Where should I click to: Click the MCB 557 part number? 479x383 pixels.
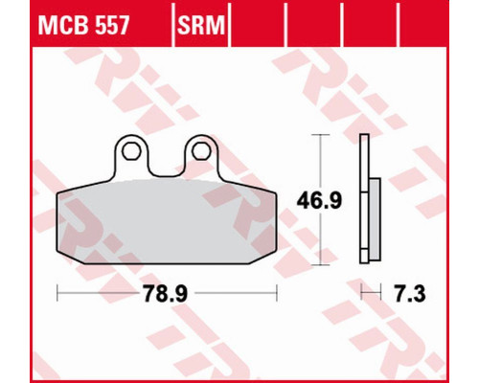83,25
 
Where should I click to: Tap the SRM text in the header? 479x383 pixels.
201,25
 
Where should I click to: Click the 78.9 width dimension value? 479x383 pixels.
165,293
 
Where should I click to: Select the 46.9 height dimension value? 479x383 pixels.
319,200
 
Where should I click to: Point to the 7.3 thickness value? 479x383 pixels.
410,293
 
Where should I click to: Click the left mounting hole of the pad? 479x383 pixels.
131,151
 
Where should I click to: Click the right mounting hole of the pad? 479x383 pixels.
201,151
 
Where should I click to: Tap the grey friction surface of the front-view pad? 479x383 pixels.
167,222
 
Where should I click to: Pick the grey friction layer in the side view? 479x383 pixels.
375,219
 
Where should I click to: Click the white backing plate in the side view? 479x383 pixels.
364,199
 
